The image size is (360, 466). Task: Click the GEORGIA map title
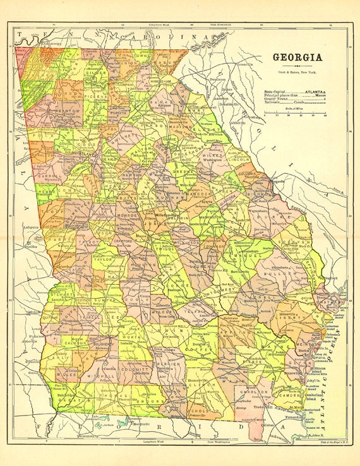tap(297, 57)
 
